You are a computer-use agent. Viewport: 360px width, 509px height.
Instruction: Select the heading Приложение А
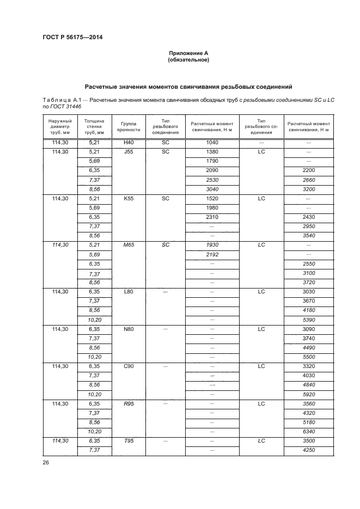[x=188, y=53]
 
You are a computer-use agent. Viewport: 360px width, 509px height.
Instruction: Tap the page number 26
[x=46, y=462]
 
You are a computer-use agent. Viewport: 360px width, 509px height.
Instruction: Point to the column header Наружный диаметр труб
[x=60, y=126]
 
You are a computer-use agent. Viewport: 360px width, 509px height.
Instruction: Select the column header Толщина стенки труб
[x=94, y=126]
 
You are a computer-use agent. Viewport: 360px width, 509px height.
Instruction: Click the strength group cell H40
[x=129, y=142]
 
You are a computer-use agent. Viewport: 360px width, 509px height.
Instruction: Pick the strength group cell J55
[x=129, y=151]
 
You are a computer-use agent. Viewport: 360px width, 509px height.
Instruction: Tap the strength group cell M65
[x=129, y=245]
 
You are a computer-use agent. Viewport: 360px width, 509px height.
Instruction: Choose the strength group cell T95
[x=129, y=440]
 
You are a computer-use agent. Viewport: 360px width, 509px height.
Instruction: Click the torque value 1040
[x=212, y=142]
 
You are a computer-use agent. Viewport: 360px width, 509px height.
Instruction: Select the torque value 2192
[x=212, y=254]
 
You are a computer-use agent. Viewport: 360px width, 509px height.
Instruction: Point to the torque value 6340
[x=308, y=431]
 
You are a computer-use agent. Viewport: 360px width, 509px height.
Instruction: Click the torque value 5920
[x=308, y=394]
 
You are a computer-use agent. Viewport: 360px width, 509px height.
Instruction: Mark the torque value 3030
[x=308, y=292]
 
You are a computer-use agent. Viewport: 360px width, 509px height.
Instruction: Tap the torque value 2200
[x=308, y=170]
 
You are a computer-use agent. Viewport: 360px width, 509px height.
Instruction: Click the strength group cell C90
[x=129, y=366]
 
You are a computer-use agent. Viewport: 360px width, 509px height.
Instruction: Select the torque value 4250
[x=308, y=450]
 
